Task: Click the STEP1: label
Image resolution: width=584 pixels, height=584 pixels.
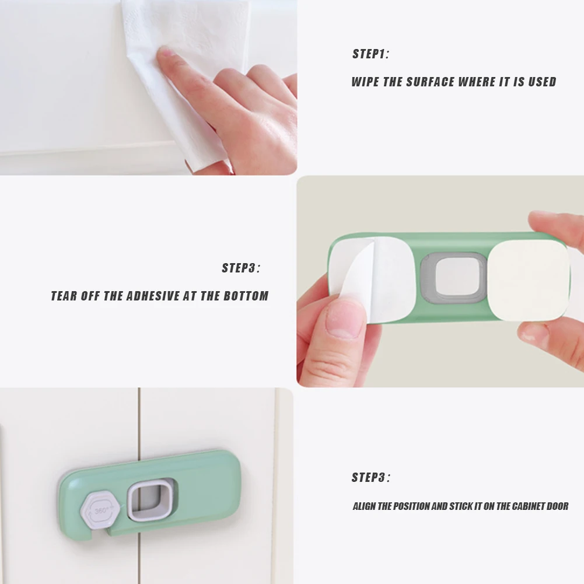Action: click(x=370, y=54)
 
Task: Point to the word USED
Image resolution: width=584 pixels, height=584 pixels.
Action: click(x=543, y=82)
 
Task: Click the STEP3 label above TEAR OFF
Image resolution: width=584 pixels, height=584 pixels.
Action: click(x=241, y=268)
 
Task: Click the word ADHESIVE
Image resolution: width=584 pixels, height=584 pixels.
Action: click(x=153, y=296)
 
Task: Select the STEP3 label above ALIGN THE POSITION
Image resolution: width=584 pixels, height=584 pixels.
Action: click(x=371, y=477)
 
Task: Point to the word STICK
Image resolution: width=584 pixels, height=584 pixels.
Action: click(x=461, y=506)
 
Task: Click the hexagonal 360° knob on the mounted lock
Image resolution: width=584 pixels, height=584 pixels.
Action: click(x=101, y=510)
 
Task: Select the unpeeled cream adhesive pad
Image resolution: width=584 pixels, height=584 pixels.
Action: click(x=528, y=280)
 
